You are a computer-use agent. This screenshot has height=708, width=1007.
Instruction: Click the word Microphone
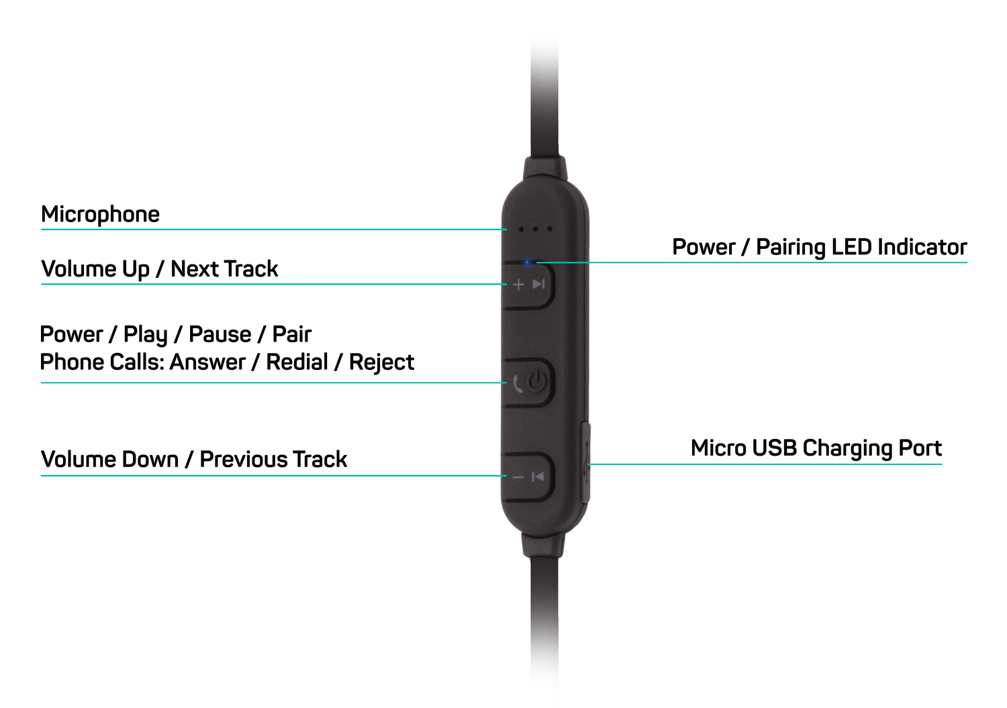[100, 215]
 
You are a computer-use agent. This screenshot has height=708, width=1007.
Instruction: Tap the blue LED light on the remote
[528, 262]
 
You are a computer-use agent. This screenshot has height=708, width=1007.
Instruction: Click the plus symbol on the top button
[518, 285]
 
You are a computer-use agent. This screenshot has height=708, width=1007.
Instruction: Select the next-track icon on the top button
[538, 285]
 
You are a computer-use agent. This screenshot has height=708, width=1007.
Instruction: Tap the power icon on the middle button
[537, 383]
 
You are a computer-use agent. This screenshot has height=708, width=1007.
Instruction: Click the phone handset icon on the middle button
[518, 384]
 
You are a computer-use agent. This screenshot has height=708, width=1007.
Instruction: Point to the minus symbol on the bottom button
[518, 477]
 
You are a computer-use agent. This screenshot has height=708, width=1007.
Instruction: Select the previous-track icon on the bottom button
[538, 477]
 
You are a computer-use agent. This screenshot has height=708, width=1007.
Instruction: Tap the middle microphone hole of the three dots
[536, 229]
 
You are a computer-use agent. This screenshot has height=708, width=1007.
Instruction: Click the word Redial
[297, 362]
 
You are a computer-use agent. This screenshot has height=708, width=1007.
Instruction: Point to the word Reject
[381, 362]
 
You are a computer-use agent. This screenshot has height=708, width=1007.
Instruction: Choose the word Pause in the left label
[220, 334]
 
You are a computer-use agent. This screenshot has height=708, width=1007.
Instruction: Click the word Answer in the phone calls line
[207, 362]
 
